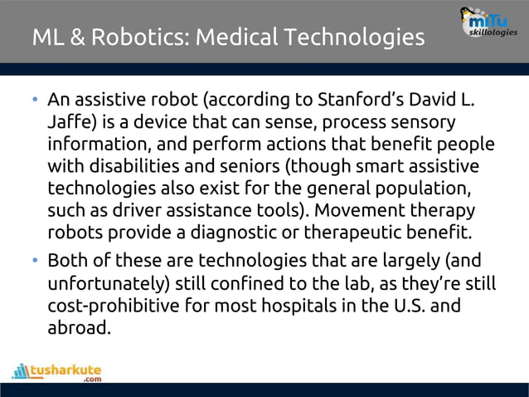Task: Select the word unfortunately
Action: coord(108,284)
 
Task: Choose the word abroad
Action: coord(79,327)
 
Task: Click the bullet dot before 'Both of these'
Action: coord(36,262)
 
